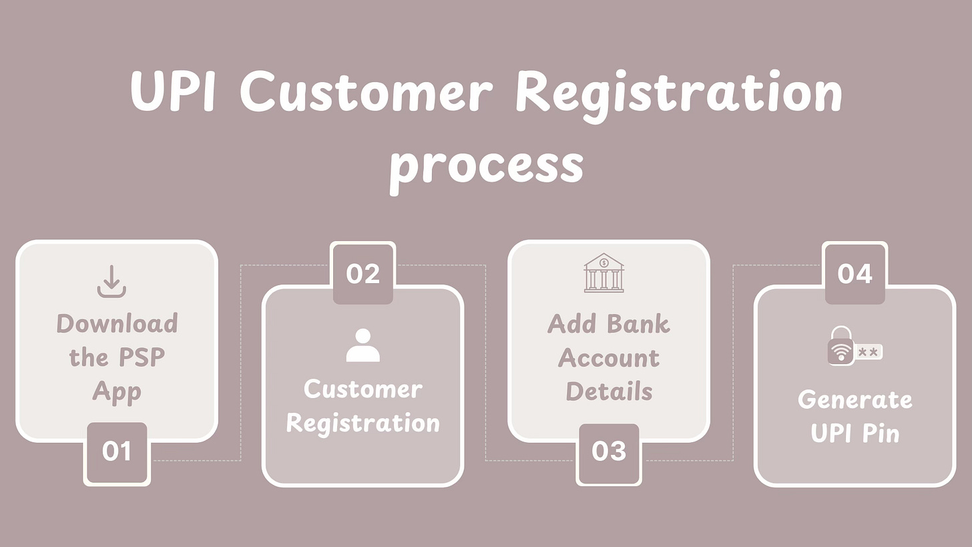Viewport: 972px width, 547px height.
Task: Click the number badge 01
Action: point(117,452)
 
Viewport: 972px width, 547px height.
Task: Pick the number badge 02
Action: point(363,273)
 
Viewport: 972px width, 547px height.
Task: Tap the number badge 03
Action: point(609,452)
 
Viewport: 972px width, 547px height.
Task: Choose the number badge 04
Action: point(855,273)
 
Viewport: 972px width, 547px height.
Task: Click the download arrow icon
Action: point(111,281)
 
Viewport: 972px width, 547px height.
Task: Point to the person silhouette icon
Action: point(363,345)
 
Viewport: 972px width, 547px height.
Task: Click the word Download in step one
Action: point(117,323)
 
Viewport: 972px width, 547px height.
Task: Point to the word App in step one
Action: point(117,392)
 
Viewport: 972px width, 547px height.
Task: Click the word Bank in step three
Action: point(638,324)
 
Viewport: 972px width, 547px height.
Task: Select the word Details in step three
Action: point(609,392)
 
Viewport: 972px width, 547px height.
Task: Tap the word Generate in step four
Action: point(855,399)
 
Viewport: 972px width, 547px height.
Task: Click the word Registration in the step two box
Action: point(363,423)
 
